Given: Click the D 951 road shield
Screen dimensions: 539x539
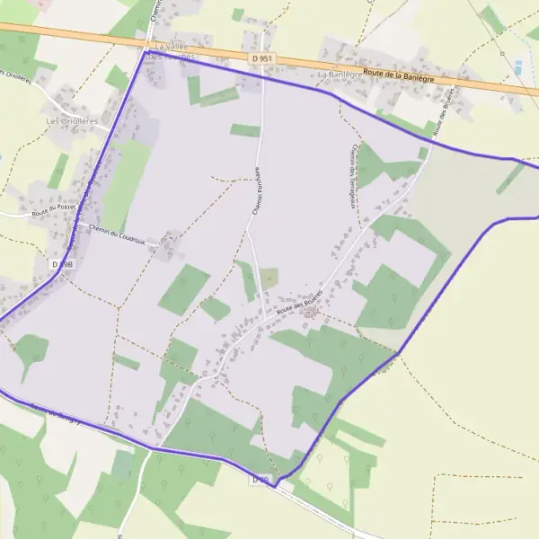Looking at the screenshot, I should click(262, 57).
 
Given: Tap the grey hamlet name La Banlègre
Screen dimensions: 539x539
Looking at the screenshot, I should click(339, 74).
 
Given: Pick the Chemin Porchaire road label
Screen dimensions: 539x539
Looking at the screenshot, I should click(256, 190).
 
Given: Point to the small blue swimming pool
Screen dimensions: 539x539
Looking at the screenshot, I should click(518, 66).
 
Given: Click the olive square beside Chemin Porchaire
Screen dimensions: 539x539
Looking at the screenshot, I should click(269, 278).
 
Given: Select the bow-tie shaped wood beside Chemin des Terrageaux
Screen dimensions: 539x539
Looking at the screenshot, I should click(386, 165).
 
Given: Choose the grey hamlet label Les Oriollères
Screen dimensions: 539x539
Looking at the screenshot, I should click(72, 119).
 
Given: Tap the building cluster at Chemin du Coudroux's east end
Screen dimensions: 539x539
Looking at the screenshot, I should click(168, 241).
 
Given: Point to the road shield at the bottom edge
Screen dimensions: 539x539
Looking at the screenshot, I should click(261, 481).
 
